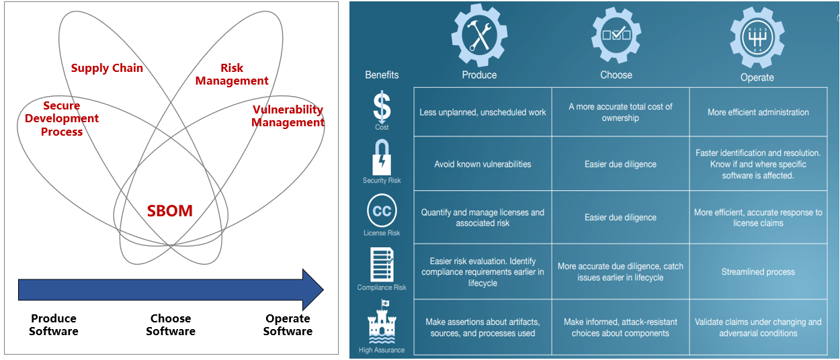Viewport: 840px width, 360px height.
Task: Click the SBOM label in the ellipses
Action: [x=170, y=211]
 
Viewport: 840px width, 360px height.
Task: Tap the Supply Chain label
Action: [x=107, y=68]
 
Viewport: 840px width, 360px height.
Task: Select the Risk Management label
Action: [x=231, y=75]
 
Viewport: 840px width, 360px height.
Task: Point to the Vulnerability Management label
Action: [x=288, y=116]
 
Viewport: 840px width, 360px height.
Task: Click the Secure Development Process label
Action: [x=61, y=119]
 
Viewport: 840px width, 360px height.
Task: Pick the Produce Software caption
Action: [x=54, y=324]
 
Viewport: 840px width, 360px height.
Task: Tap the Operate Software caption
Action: [x=288, y=324]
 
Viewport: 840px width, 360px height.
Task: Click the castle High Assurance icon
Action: [x=381, y=322]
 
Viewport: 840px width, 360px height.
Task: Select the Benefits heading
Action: [x=382, y=75]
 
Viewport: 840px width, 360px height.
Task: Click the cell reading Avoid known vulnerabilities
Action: [x=482, y=164]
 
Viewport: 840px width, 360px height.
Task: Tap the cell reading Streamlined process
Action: [x=758, y=272]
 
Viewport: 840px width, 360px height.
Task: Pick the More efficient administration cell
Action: [x=758, y=112]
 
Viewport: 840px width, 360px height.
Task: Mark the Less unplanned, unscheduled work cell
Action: [x=482, y=112]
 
